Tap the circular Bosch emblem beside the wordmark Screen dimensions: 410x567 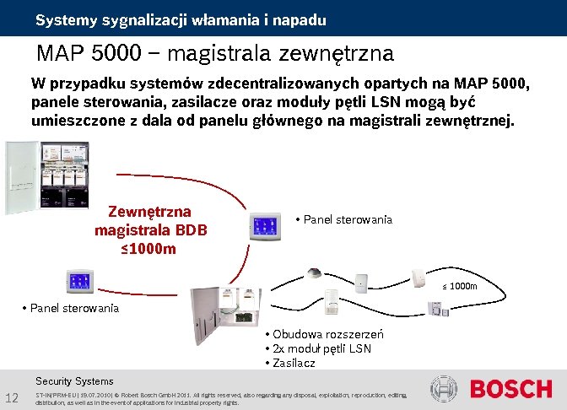tap(444, 389)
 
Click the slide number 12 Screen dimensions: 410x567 tap(12, 398)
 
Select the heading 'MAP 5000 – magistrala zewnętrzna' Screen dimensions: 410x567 tap(215, 54)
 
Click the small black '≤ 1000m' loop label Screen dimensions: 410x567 tap(460, 286)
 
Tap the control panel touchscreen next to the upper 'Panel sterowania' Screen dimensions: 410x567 tap(262, 225)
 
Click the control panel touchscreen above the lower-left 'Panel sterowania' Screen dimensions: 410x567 tap(81, 282)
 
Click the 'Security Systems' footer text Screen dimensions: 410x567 tap(74, 381)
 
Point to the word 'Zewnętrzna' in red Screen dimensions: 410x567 tap(149, 211)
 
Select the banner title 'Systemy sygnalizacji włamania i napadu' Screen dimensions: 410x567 tap(181, 19)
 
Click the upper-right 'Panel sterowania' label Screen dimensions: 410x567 tap(347, 219)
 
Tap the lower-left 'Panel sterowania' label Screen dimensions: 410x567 tap(73, 307)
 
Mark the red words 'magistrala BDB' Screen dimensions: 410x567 tap(151, 229)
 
